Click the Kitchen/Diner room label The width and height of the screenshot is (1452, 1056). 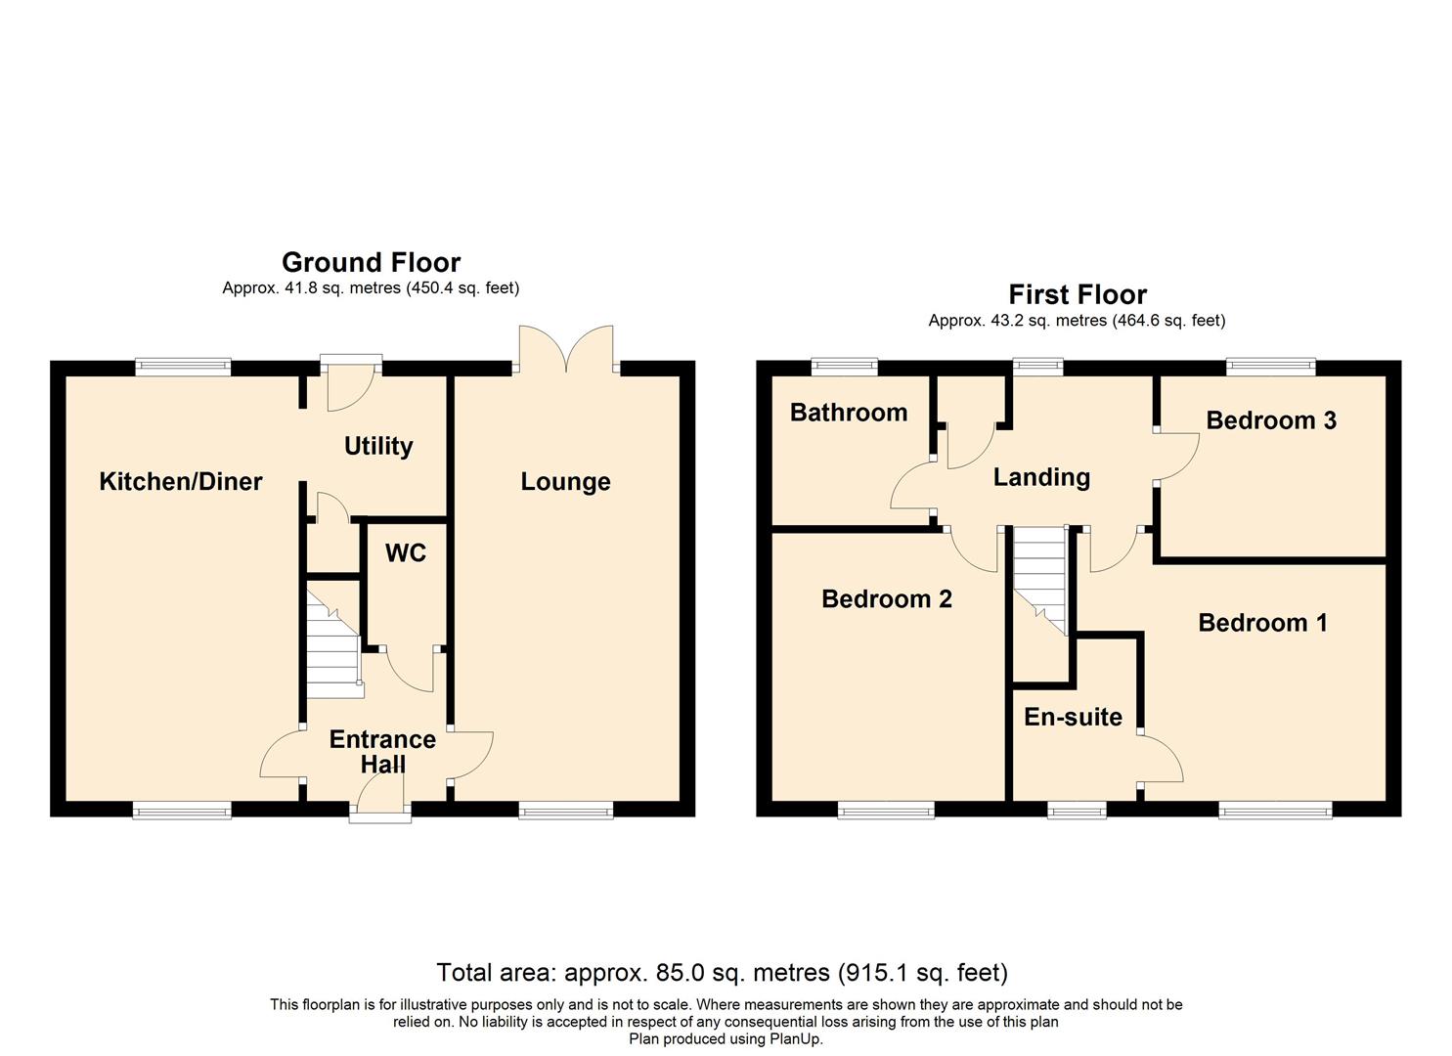coord(181,482)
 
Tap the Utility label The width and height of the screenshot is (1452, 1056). coord(378,446)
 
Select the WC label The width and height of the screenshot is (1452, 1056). coord(406,553)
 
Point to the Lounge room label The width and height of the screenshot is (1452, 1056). coord(566,482)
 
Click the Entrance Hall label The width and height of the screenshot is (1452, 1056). coord(382,751)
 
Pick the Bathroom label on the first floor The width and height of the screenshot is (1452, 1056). coord(849,413)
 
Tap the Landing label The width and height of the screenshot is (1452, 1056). coord(1041,478)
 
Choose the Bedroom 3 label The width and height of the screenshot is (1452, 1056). coord(1271,420)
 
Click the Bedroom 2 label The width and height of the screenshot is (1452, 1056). coord(887,599)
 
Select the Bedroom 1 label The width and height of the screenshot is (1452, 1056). coord(1262,623)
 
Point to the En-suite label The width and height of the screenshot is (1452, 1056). coord(1073,717)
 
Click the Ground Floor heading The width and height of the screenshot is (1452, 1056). coord(372,263)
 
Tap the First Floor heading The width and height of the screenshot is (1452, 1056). coord(1078,295)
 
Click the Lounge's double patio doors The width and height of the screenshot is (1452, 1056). coord(566,350)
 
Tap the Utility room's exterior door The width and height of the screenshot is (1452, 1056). coord(351,382)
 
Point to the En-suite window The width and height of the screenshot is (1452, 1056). coord(1077,811)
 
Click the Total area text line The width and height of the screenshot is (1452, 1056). coord(723,972)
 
